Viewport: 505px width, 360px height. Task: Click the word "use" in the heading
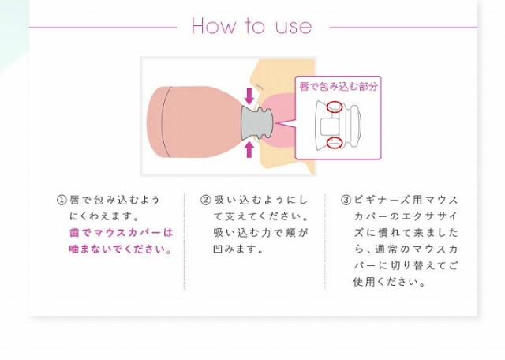pyautogui.click(x=294, y=27)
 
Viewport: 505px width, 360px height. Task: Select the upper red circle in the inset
pyautogui.click(x=335, y=106)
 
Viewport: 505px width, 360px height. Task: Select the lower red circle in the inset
pyautogui.click(x=335, y=143)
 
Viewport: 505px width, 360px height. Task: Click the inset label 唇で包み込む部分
pyautogui.click(x=338, y=85)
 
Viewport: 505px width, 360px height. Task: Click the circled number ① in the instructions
pyautogui.click(x=62, y=200)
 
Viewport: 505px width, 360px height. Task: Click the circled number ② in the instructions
pyautogui.click(x=206, y=200)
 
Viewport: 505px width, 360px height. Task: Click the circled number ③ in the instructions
pyautogui.click(x=346, y=200)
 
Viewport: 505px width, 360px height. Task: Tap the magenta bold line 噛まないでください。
pyautogui.click(x=121, y=249)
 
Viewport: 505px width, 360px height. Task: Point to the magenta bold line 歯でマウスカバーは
pyautogui.click(x=121, y=233)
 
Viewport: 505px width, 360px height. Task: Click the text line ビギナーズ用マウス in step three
pyautogui.click(x=406, y=200)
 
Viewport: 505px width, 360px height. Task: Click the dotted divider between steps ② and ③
pyautogui.click(x=324, y=241)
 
